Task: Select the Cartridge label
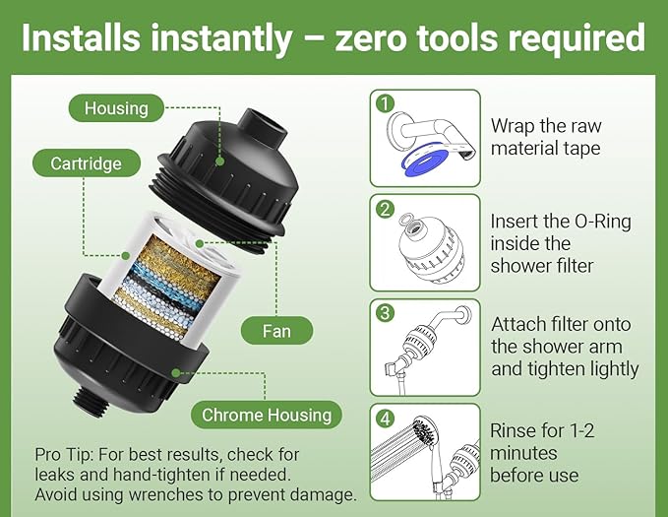87,163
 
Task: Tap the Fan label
276,330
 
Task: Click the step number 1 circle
384,102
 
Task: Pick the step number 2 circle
384,208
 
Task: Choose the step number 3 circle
384,312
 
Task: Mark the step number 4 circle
384,418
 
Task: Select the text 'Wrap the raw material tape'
546,138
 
